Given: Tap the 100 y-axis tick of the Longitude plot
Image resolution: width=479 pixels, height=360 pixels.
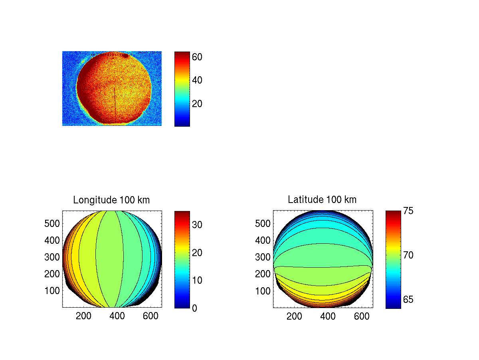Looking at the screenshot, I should coord(52,290).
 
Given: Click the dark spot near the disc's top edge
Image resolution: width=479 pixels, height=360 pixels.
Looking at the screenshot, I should coord(125,56).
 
